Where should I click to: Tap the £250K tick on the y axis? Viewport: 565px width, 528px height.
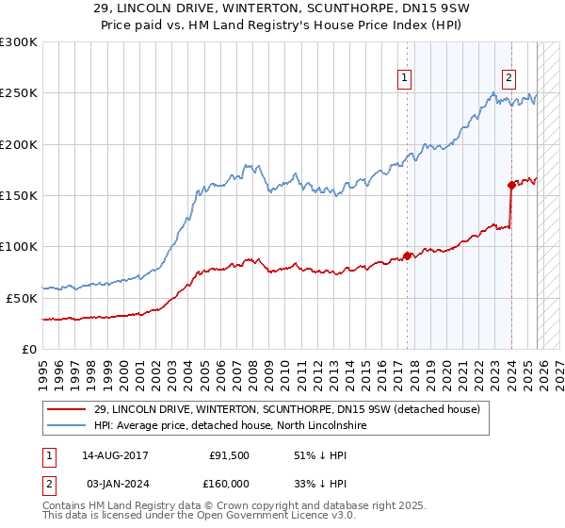click(x=19, y=93)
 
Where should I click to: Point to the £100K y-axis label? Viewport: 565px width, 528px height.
click(x=19, y=246)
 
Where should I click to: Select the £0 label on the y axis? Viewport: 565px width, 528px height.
click(x=28, y=349)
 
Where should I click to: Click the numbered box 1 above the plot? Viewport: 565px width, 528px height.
click(x=404, y=79)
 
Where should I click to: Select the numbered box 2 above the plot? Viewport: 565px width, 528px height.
click(x=508, y=79)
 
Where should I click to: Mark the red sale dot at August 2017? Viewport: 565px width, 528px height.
click(x=407, y=255)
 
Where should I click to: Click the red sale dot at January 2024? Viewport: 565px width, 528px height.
click(x=511, y=185)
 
